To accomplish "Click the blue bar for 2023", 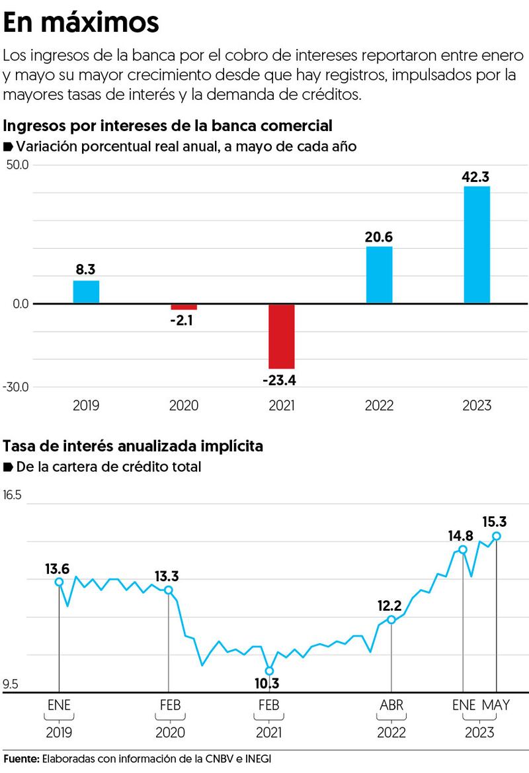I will tap(477, 245).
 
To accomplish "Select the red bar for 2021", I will tap(281, 336).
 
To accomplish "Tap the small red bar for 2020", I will tap(183, 307).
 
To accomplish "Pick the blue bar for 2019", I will tap(86, 292).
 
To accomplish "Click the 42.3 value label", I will tap(477, 177).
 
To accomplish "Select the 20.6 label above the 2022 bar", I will tap(379, 236).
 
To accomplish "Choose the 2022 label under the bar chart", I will tap(379, 405).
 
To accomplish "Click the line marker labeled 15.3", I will tap(497, 536).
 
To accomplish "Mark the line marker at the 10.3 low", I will tap(269, 670).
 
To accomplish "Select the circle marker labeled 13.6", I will tap(59, 582).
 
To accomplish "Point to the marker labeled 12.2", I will tap(391, 619).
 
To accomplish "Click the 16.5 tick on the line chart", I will tap(13, 495).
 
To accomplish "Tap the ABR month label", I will tap(392, 705).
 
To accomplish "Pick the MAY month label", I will tap(495, 705).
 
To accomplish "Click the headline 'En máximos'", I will tap(81, 23).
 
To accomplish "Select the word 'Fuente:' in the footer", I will tap(21, 758).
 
